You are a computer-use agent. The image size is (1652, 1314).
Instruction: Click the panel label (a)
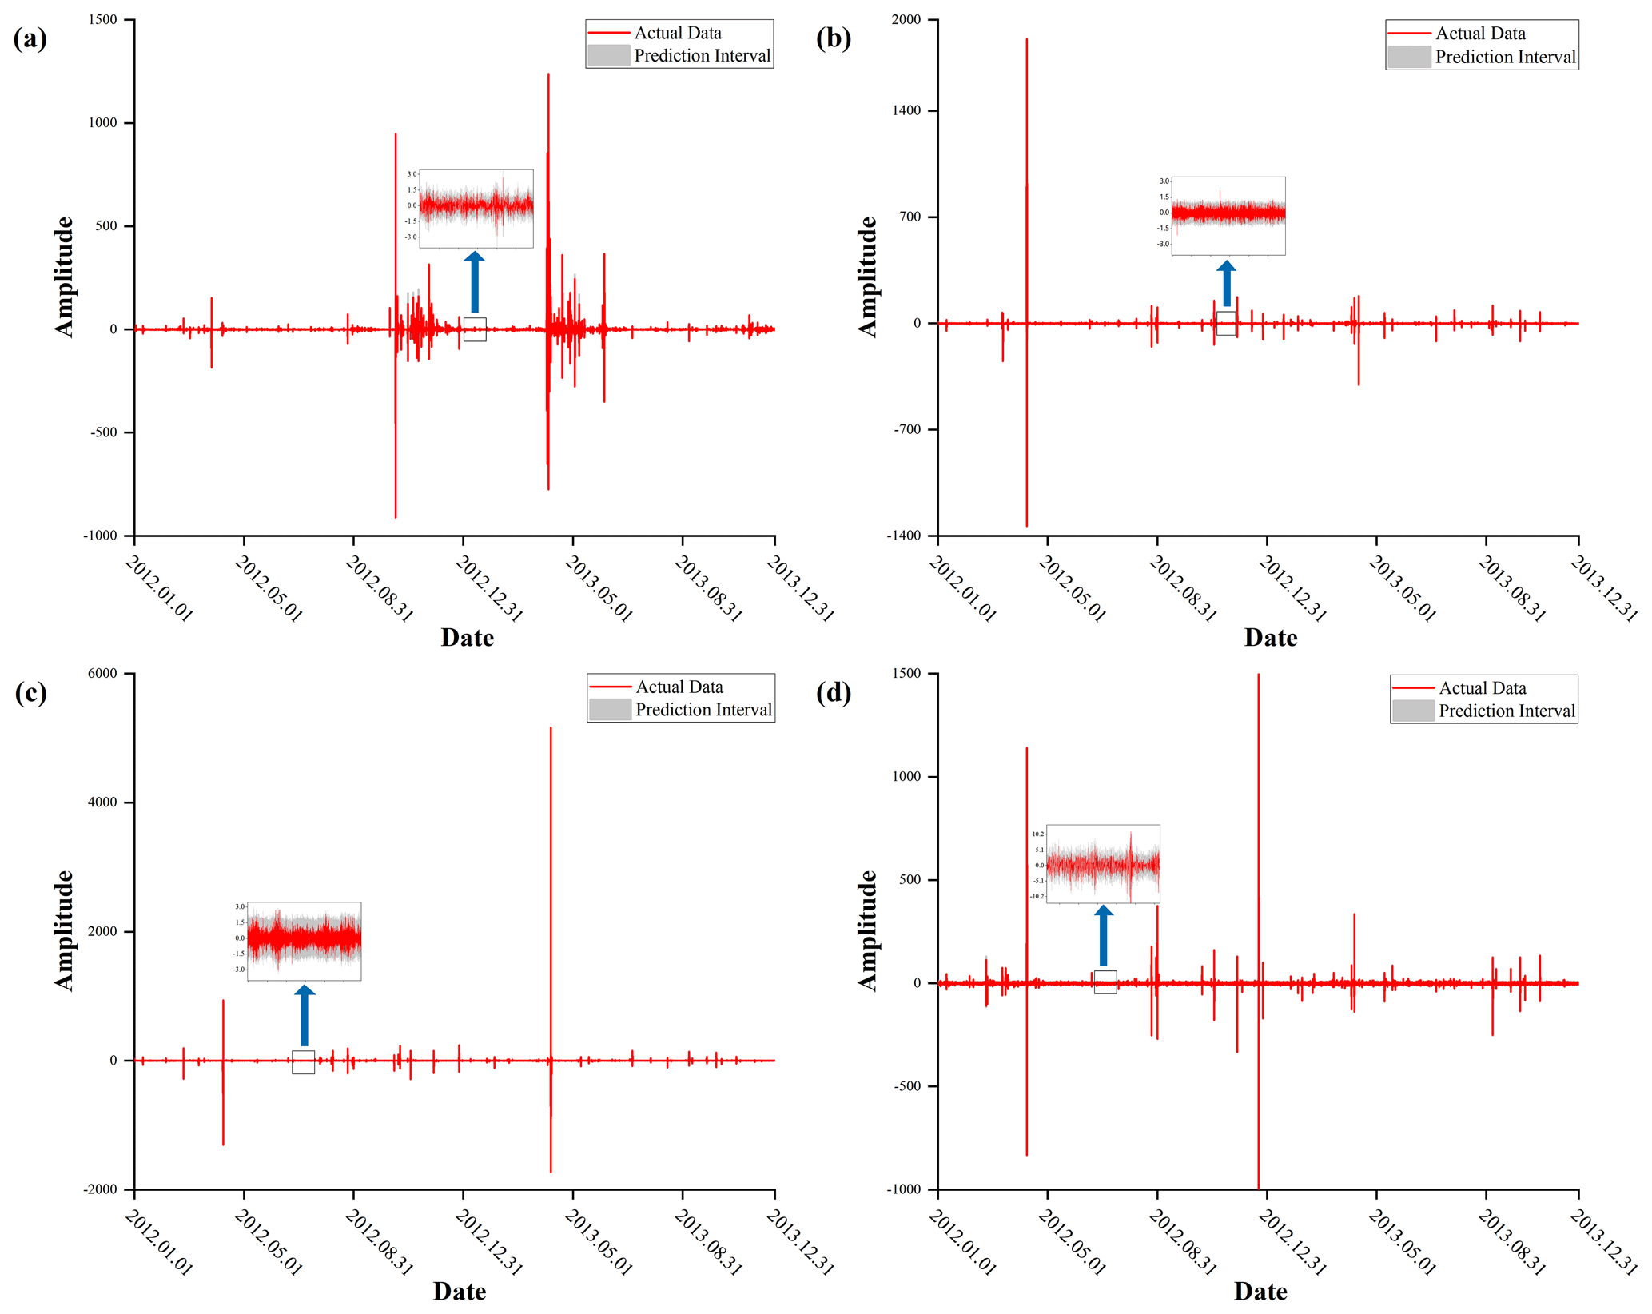pyautogui.click(x=30, y=38)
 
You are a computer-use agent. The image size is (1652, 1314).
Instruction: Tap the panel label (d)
pyautogui.click(x=833, y=692)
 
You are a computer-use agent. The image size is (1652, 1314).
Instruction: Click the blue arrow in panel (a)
pyautogui.click(x=475, y=282)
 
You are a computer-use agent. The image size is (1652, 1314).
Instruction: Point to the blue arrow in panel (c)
pyautogui.click(x=305, y=1015)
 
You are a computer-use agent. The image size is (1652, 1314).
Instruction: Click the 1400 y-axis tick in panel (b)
pyautogui.click(x=906, y=110)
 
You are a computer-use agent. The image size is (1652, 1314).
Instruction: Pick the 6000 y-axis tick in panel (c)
pyautogui.click(x=102, y=674)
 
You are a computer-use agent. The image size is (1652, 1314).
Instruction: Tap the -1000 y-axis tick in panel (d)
pyautogui.click(x=903, y=1189)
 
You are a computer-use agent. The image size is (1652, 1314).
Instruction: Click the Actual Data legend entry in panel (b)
pyautogui.click(x=1480, y=34)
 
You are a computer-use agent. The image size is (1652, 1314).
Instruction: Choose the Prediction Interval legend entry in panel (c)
pyautogui.click(x=703, y=710)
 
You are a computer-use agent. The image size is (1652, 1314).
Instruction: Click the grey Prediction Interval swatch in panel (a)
pyautogui.click(x=609, y=55)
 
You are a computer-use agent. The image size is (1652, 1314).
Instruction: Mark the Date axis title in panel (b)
pyautogui.click(x=1270, y=638)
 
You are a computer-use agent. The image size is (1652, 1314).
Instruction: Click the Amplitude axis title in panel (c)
pyautogui.click(x=64, y=931)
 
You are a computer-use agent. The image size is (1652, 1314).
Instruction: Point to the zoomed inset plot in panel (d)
pyautogui.click(x=1103, y=864)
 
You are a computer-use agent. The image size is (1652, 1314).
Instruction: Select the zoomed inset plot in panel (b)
pyautogui.click(x=1228, y=216)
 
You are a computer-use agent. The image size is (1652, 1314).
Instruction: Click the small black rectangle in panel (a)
pyautogui.click(x=475, y=329)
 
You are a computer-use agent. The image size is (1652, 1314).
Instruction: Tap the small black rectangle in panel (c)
pyautogui.click(x=304, y=1062)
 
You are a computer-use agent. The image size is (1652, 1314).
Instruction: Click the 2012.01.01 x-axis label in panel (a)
pyautogui.click(x=159, y=589)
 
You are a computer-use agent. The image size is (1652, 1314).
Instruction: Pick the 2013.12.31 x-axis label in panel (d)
pyautogui.click(x=1603, y=1243)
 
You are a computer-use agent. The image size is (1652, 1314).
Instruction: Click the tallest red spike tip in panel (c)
pyautogui.click(x=551, y=728)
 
